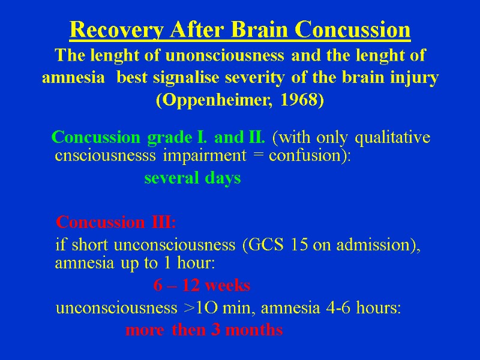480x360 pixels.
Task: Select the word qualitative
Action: click(x=393, y=138)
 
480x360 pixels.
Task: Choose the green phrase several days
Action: click(x=193, y=178)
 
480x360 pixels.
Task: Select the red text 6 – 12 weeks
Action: click(x=202, y=285)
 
